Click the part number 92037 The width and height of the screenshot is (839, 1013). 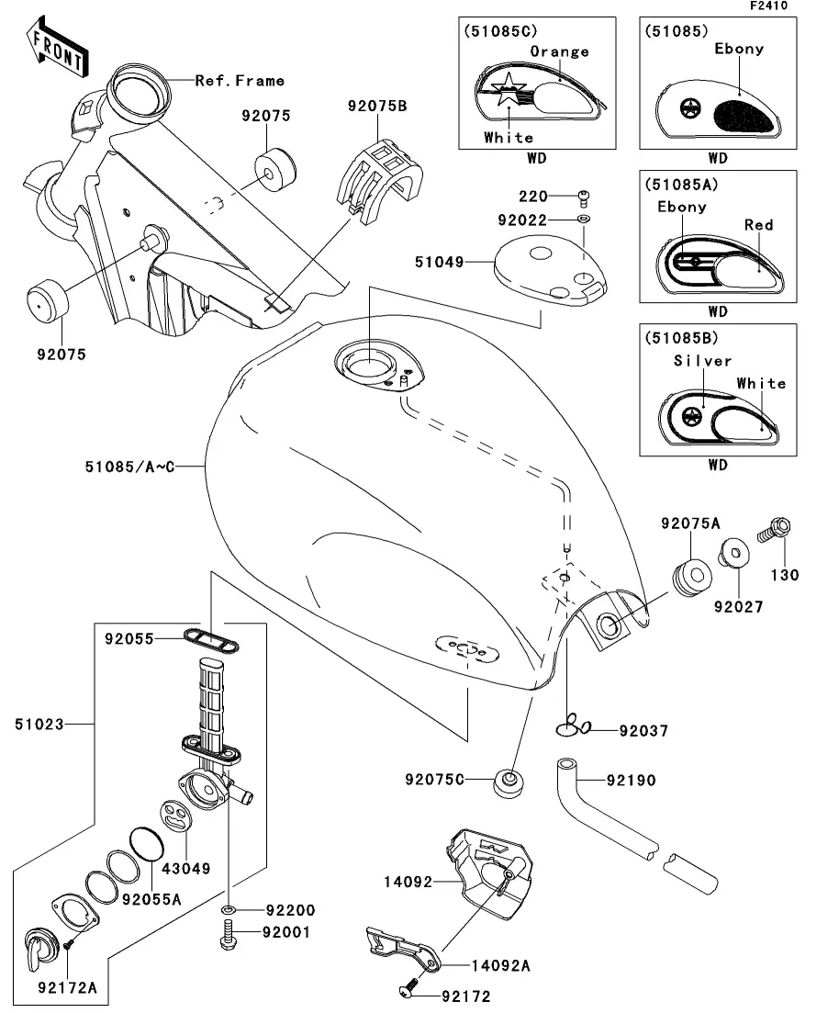tap(643, 731)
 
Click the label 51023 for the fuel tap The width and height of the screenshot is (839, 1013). tap(39, 725)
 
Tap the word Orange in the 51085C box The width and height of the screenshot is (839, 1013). tap(559, 51)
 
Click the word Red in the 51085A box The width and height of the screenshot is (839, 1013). tap(758, 225)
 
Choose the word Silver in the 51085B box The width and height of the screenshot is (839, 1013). tap(703, 361)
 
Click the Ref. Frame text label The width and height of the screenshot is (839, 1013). tap(240, 81)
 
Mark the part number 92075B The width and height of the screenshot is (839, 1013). tap(376, 106)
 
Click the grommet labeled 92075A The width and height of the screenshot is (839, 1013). tap(689, 576)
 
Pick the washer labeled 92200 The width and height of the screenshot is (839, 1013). tap(228, 910)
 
